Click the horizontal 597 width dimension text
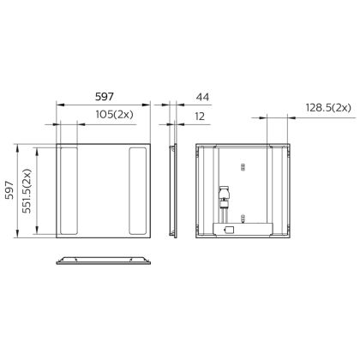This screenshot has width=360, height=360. [105, 97]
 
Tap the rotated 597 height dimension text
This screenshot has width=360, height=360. [10, 189]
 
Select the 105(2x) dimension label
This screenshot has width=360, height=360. [114, 115]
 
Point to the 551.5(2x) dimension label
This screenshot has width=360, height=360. [27, 191]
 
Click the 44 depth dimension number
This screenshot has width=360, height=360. [202, 97]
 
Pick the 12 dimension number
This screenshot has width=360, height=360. [200, 117]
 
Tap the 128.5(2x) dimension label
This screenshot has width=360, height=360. [328, 108]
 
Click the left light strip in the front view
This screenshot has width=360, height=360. [69, 191]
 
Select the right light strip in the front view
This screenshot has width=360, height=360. [138, 191]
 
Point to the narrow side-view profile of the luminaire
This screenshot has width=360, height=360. [173, 191]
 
